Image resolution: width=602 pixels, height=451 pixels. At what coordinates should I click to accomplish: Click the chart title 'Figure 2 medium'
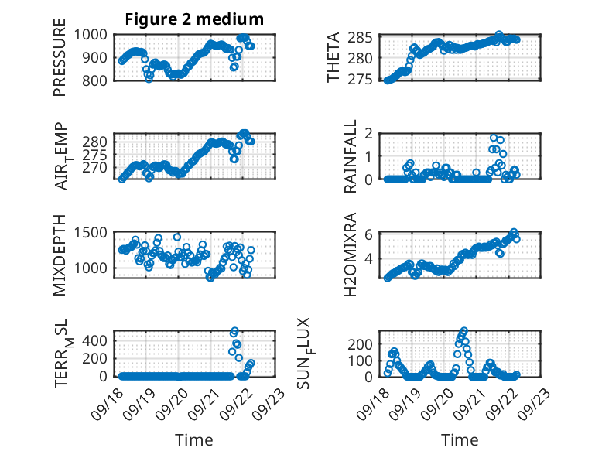(194, 19)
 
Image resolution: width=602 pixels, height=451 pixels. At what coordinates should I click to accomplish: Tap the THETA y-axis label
(333, 57)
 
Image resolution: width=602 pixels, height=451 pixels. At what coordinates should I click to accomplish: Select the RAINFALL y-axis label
(351, 156)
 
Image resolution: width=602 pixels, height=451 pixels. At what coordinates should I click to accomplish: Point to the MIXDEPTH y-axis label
(60, 255)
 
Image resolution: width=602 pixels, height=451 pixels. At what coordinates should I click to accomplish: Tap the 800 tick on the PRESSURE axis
(97, 80)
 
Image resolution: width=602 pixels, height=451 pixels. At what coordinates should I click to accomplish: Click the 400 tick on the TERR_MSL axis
(97, 340)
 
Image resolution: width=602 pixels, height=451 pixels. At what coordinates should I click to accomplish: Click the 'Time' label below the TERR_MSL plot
(194, 440)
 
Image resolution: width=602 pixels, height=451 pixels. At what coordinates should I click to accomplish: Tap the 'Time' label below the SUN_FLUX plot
(460, 440)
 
